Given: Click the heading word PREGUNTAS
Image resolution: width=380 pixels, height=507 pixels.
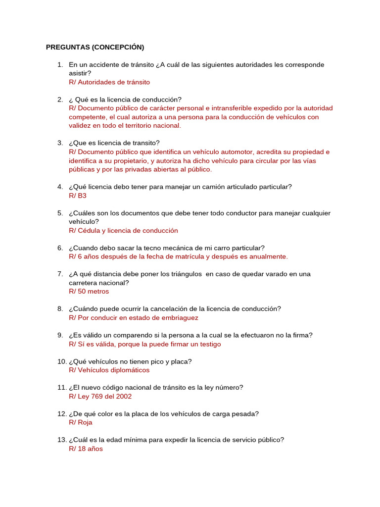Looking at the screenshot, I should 68,48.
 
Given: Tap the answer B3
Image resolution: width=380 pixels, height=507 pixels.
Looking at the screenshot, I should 82,196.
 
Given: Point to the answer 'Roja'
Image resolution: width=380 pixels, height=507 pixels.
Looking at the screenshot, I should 85,422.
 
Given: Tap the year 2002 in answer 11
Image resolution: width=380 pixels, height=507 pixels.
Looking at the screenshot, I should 123,396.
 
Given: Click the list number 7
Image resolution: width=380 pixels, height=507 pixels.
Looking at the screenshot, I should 60,274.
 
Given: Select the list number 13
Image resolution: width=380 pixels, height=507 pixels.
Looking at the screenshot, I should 61,440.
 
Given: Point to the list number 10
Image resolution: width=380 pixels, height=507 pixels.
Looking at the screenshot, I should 61,361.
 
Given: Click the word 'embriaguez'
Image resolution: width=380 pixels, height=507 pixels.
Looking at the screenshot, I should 181,318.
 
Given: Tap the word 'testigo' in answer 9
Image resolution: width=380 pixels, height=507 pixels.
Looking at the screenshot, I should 209,344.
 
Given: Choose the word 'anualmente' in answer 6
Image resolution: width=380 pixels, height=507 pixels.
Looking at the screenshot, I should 268,256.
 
